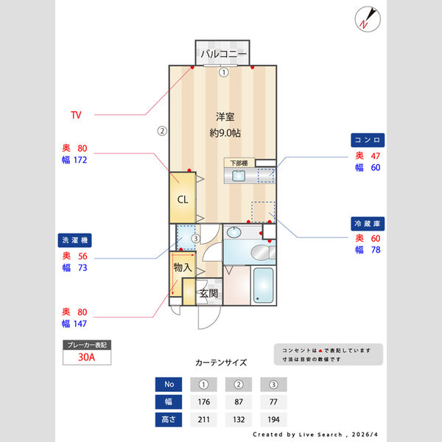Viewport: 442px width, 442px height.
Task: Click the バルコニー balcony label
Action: (223, 54)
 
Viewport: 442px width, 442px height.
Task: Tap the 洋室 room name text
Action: (225, 116)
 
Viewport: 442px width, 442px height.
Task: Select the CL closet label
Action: (183, 199)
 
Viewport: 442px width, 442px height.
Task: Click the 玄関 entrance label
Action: (209, 293)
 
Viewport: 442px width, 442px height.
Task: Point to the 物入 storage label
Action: (183, 267)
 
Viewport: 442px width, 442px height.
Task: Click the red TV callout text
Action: (76, 115)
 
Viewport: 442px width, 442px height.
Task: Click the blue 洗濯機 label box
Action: (76, 240)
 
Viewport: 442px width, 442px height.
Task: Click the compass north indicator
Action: (366, 19)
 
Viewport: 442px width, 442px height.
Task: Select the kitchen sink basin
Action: (239, 175)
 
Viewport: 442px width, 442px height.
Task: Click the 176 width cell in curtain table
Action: (204, 402)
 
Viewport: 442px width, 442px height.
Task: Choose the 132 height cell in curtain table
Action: (239, 420)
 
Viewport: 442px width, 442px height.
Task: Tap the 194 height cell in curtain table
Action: (273, 420)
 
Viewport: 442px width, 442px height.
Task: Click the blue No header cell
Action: (169, 384)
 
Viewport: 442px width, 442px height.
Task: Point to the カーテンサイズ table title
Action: (221, 362)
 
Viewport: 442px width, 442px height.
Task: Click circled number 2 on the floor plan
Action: (162, 132)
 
